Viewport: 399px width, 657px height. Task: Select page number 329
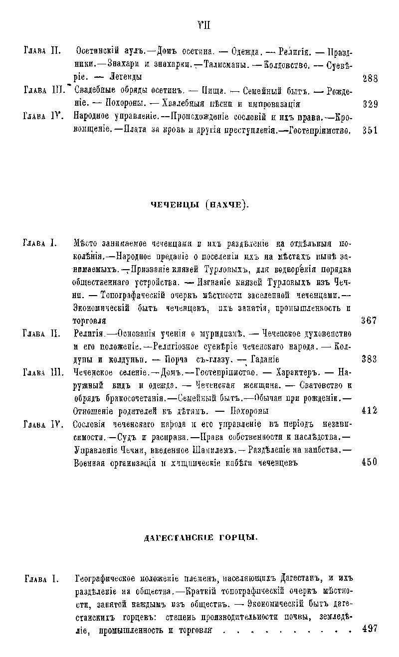[x=370, y=104]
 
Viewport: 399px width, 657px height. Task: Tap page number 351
[x=370, y=131]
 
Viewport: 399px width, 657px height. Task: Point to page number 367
[x=369, y=321]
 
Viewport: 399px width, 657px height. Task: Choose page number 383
[x=369, y=359]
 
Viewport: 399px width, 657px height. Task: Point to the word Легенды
[x=126, y=77]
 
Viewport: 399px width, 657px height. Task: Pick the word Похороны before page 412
[x=248, y=411]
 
